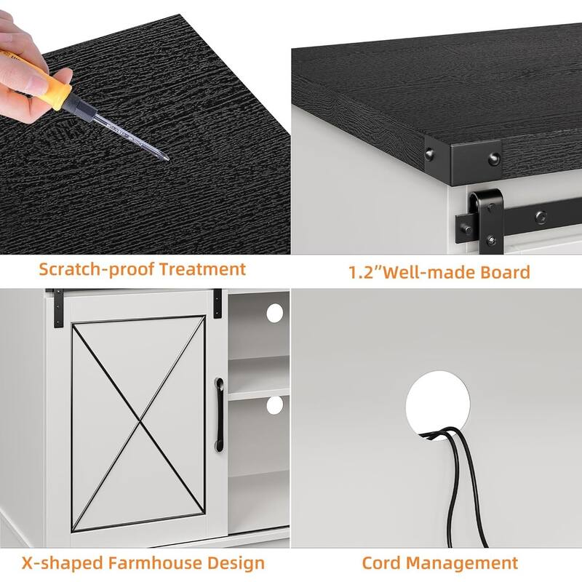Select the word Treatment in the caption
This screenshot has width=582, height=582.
(x=202, y=269)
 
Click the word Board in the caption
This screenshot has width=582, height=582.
(x=505, y=272)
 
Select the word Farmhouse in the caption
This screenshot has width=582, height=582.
(x=155, y=563)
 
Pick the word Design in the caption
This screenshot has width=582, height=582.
(x=236, y=564)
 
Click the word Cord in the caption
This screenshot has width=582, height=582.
(x=380, y=563)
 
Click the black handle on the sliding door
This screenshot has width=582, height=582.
(x=220, y=415)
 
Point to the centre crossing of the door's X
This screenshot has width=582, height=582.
(x=140, y=421)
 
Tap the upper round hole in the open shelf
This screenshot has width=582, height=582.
(x=275, y=313)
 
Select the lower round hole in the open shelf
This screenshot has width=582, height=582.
(x=275, y=405)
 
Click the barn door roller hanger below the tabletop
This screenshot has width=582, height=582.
(x=486, y=222)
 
